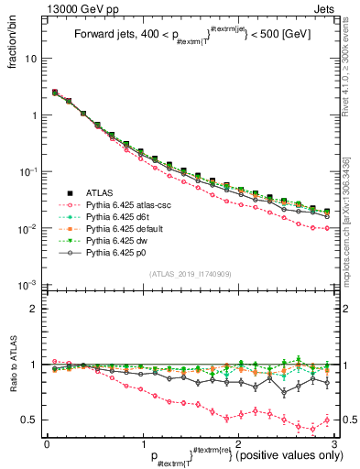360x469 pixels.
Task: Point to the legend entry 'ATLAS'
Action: tap(100, 192)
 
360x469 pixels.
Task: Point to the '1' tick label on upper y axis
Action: tap(36, 115)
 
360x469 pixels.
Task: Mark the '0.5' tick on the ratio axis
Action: tap(30, 420)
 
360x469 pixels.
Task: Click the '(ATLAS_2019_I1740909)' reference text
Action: tap(191, 274)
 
